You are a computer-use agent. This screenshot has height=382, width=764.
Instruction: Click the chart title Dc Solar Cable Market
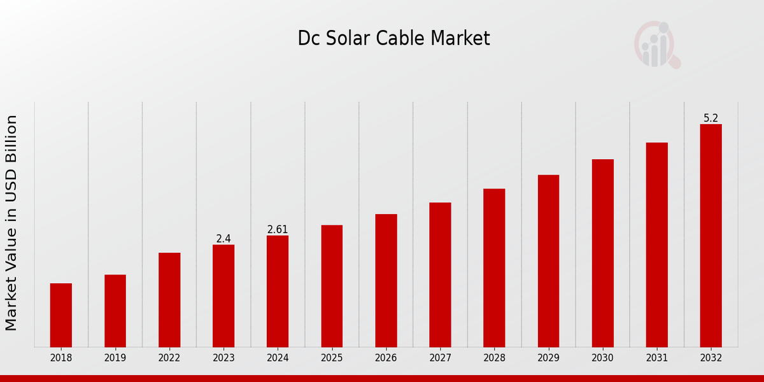tap(393, 39)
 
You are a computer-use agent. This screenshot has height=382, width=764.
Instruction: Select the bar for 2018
tap(61, 315)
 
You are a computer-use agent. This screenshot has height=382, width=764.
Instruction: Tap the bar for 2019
tap(115, 311)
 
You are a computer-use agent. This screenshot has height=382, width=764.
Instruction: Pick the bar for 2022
tap(169, 300)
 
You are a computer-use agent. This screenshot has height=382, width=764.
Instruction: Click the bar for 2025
tap(332, 286)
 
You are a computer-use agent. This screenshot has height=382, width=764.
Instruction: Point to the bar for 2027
tap(440, 274)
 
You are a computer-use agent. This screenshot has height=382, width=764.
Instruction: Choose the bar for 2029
tap(548, 261)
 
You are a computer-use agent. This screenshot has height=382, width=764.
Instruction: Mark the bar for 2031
tap(656, 244)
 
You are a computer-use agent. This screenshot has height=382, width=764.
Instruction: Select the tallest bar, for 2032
tap(711, 236)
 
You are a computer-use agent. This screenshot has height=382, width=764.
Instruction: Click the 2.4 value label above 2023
tap(223, 239)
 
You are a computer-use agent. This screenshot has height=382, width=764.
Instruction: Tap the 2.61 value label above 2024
tap(278, 229)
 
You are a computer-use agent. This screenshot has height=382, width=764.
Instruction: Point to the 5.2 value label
tap(711, 118)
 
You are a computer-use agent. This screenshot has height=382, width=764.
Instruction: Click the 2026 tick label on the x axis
tap(386, 358)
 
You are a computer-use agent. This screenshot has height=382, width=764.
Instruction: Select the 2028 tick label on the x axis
tap(494, 358)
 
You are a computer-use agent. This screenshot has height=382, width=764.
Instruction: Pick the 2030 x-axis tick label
tap(602, 358)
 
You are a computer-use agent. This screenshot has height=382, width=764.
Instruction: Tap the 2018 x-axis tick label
tap(61, 358)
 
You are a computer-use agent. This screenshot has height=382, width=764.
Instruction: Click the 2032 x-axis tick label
tap(711, 358)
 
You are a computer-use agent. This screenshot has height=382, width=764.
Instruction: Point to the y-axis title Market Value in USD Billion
tap(11, 223)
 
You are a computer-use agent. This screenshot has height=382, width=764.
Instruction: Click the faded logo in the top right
tap(657, 45)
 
